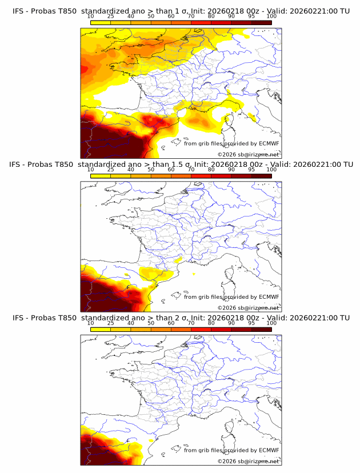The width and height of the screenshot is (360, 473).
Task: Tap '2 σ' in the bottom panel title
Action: click(x=172, y=318)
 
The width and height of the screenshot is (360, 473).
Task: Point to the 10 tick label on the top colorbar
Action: click(x=90, y=16)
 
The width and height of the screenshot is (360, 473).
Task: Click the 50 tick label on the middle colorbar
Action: click(x=151, y=170)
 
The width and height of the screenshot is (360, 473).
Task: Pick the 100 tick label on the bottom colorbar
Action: click(x=271, y=323)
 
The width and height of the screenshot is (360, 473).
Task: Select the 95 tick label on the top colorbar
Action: click(x=251, y=16)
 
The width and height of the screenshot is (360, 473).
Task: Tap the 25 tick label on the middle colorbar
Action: click(x=110, y=170)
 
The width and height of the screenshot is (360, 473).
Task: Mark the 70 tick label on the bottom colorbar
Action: click(x=191, y=323)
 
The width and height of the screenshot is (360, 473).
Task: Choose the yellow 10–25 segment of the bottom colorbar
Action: click(x=100, y=330)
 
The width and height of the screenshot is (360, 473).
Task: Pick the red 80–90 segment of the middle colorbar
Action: click(x=221, y=176)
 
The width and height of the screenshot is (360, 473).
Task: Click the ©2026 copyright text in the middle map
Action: click(x=248, y=307)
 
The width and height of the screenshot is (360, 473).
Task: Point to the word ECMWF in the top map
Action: click(x=269, y=144)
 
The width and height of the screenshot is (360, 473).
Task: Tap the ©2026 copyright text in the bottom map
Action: click(x=248, y=461)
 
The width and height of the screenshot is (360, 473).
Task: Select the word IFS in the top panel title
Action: click(x=18, y=10)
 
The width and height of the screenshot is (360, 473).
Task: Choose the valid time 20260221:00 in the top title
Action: click(x=314, y=10)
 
